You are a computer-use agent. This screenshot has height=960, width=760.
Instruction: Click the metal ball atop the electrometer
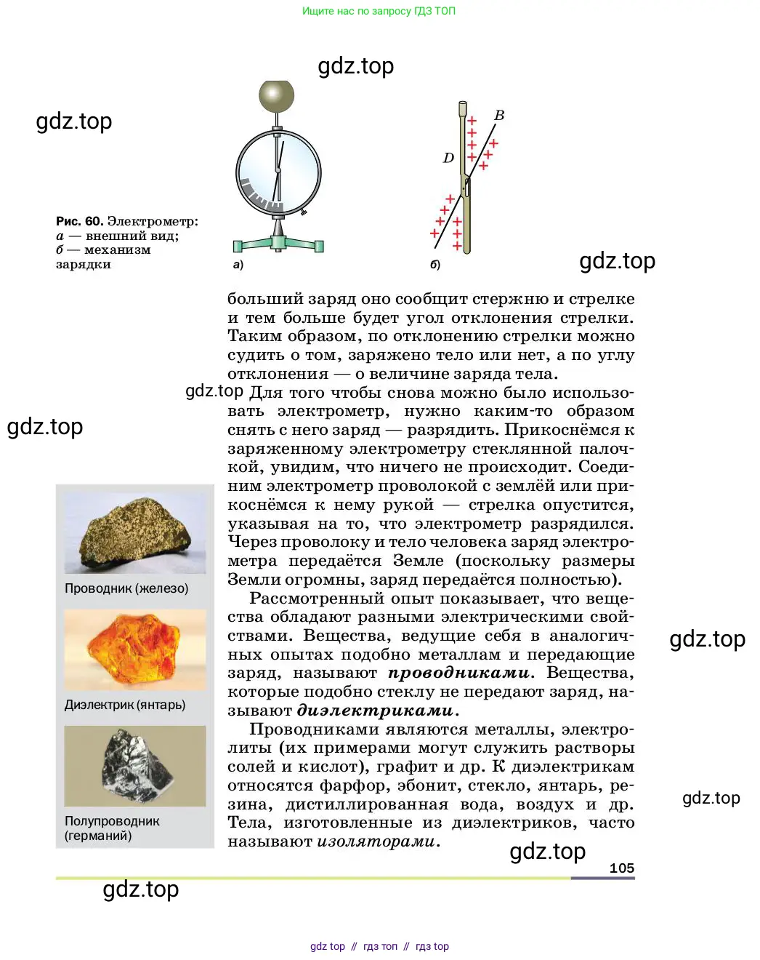(277, 96)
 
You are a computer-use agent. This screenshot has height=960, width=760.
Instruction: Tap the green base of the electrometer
(278, 244)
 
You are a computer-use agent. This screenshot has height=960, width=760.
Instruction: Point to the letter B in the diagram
(499, 116)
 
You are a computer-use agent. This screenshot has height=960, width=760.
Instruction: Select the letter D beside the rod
(448, 158)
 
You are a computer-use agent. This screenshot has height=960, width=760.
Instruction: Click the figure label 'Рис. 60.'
(79, 221)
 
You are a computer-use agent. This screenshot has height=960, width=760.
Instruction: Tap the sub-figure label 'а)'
(238, 265)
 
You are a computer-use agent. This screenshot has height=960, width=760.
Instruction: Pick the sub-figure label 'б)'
(434, 265)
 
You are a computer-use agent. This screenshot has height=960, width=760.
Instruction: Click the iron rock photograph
(135, 533)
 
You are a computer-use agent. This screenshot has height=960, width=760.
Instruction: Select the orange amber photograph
(135, 649)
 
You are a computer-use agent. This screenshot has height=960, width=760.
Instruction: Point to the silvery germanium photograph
(135, 766)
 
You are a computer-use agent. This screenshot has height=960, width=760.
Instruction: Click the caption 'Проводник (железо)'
(126, 588)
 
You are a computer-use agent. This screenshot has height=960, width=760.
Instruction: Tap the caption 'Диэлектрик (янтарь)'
(125, 705)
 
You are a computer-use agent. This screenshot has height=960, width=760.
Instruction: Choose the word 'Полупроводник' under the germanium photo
(112, 821)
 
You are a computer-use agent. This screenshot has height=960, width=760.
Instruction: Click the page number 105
(622, 868)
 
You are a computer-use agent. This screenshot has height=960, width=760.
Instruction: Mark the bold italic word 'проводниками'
(459, 673)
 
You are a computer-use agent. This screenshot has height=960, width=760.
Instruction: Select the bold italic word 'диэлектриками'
(376, 711)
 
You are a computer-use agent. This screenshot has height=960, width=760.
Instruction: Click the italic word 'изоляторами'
(376, 842)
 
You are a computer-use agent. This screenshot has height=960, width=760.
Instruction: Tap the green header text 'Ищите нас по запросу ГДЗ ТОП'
(379, 11)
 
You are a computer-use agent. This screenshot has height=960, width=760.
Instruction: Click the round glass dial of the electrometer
(278, 173)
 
